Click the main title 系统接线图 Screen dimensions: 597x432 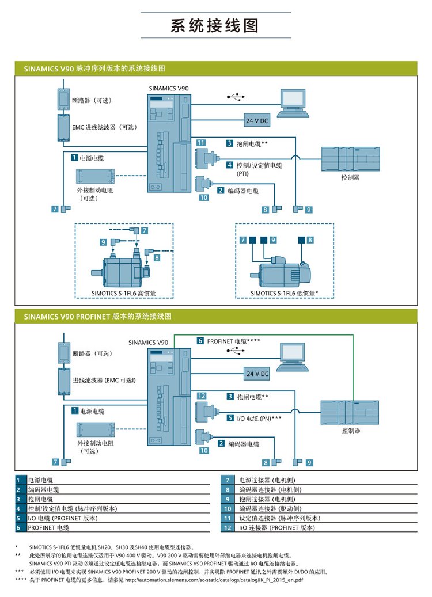point(215,26)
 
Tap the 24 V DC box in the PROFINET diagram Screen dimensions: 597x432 point(257,374)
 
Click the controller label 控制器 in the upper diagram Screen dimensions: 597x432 point(350,178)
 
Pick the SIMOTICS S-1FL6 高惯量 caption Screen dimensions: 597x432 point(124,293)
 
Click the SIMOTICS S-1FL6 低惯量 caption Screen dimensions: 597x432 point(285,293)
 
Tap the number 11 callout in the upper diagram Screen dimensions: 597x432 point(200,143)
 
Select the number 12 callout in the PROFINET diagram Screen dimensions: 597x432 point(202,396)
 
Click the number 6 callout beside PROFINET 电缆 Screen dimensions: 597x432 point(200,341)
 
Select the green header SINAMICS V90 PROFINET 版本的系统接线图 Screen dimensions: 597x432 point(98,316)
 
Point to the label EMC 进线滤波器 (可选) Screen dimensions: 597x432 point(104,127)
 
